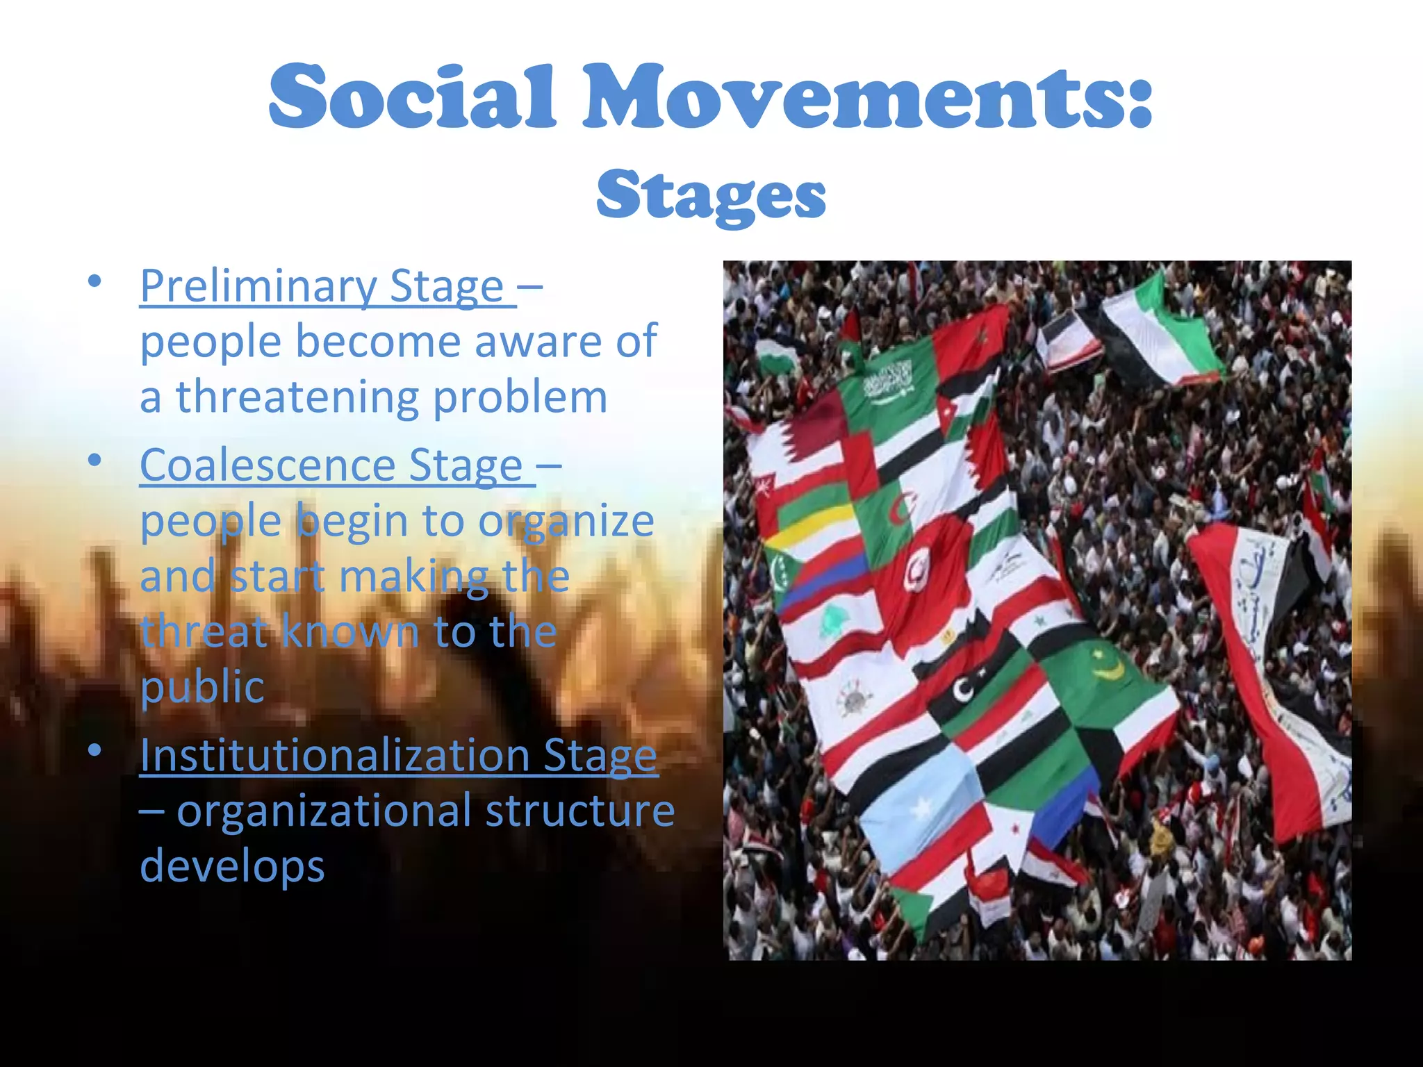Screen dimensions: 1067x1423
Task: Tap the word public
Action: point(201,687)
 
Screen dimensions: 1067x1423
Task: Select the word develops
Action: point(232,866)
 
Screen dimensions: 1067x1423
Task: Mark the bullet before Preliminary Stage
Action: point(94,281)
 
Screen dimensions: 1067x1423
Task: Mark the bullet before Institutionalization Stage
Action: point(94,751)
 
